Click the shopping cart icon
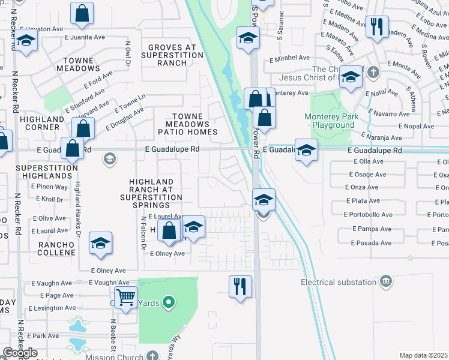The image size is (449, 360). coord(125,296)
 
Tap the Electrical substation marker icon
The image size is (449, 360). coord(387,281)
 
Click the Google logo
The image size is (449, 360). coord(19,353)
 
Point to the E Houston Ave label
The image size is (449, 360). coord(41,28)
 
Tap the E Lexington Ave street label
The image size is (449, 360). coord(53,308)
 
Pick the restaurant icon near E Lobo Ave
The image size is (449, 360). coord(376,27)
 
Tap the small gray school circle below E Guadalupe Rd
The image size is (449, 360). coord(109,159)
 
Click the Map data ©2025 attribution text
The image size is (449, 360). coord(423,355)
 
